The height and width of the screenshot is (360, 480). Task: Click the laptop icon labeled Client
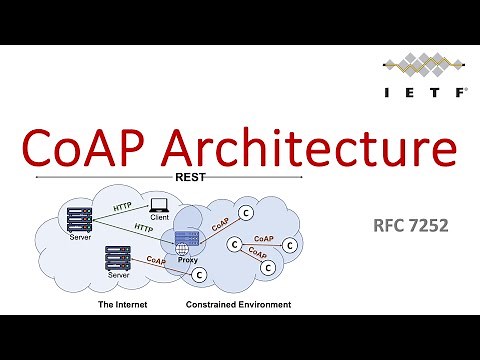pyautogui.click(x=157, y=203)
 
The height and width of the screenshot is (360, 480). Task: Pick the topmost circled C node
pyautogui.click(x=245, y=212)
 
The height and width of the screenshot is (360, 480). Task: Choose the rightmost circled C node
pyautogui.click(x=291, y=244)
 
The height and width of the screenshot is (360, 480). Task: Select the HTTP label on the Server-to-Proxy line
pyautogui.click(x=143, y=228)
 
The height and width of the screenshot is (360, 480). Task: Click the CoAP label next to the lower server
pyautogui.click(x=157, y=260)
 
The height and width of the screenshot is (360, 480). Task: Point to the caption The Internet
pyautogui.click(x=126, y=304)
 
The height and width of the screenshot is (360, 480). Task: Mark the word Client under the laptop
pyautogui.click(x=159, y=216)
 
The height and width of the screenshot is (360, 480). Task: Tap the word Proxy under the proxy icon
pyautogui.click(x=187, y=259)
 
